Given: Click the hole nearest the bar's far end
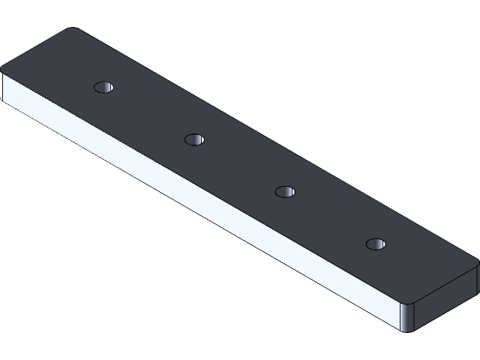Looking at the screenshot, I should (105, 87).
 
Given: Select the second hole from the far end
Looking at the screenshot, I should (195, 139).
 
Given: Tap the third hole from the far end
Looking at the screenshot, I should (284, 191).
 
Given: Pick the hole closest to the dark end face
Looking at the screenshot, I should (375, 244).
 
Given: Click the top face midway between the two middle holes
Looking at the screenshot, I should (240, 165).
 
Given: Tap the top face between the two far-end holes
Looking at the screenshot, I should (150, 112).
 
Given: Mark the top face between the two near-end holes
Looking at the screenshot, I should (330, 217).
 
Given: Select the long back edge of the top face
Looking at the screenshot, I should (277, 145).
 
